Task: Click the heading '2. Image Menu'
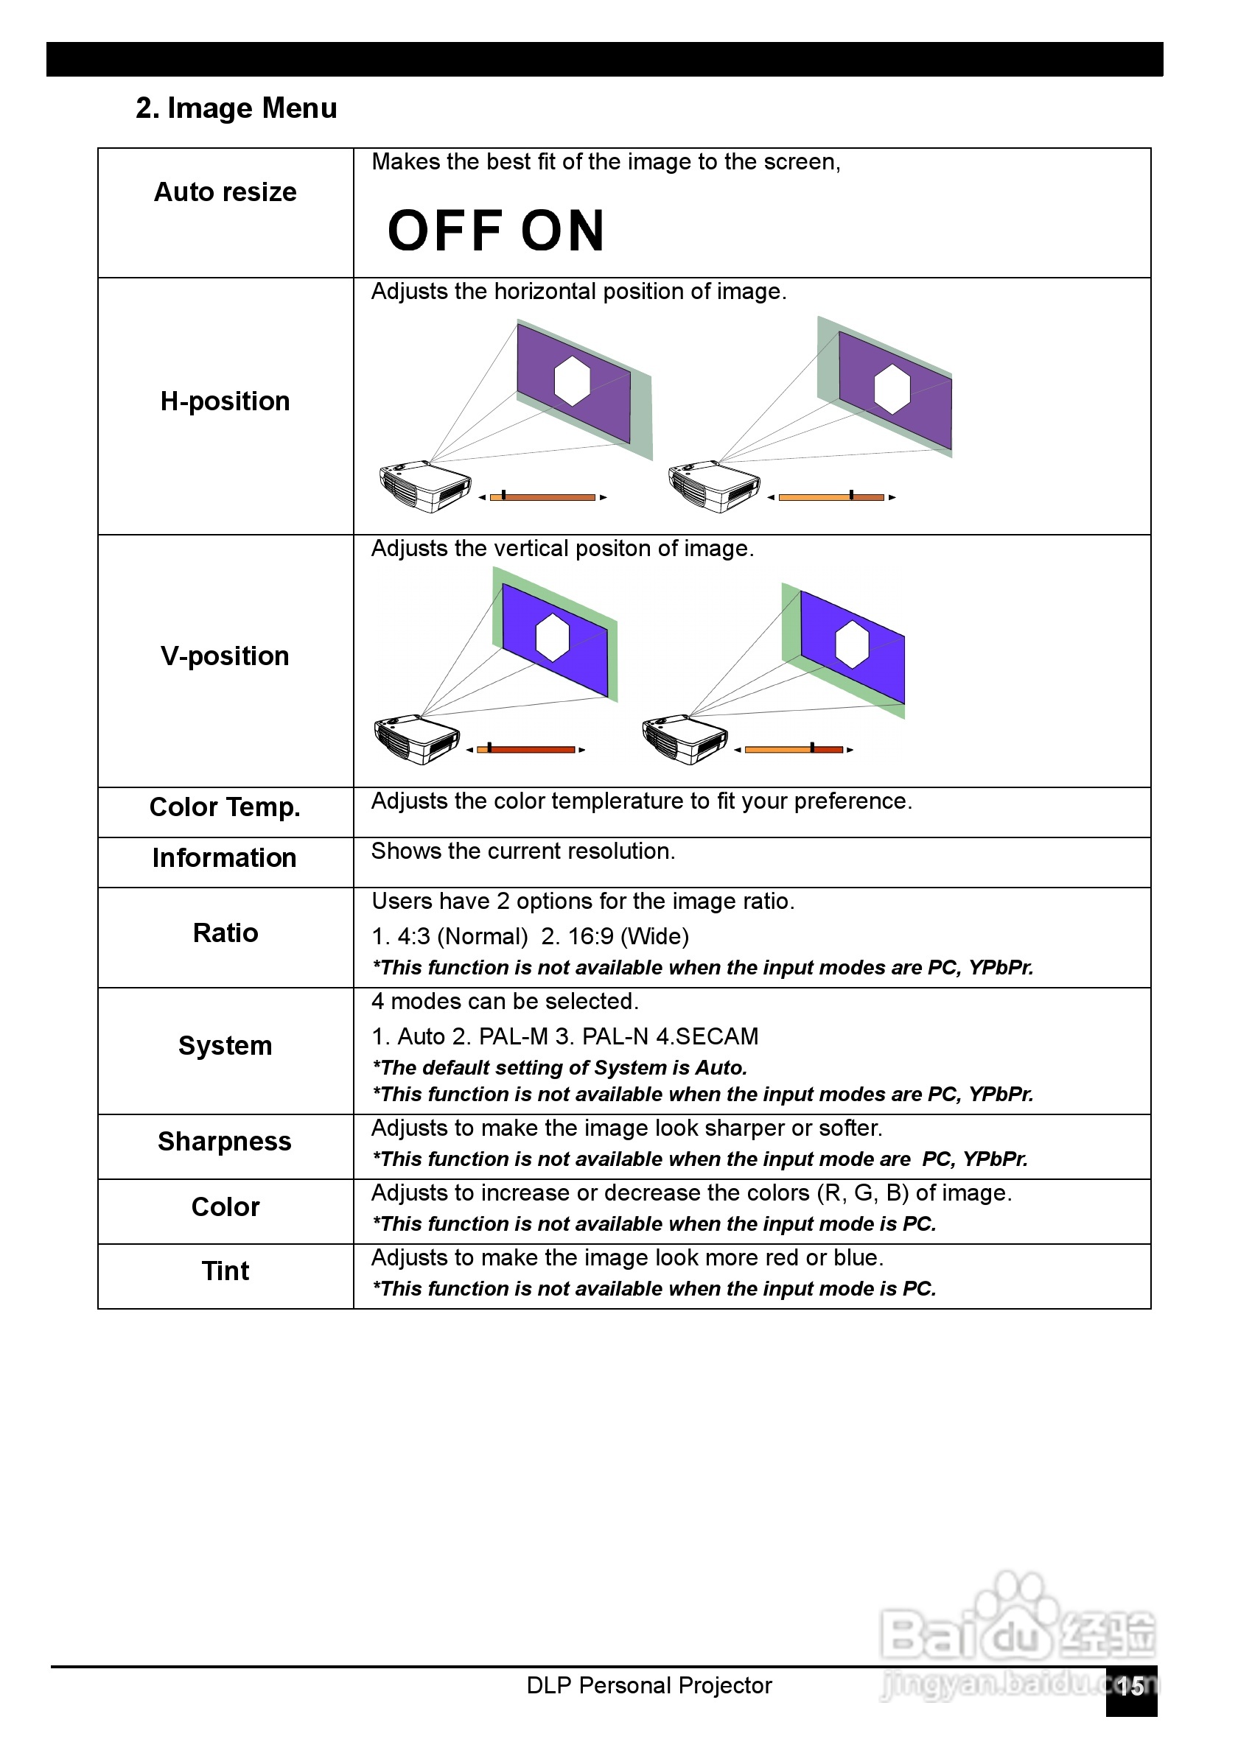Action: coord(236,108)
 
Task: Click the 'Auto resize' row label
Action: coord(225,192)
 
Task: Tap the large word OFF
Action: coord(444,231)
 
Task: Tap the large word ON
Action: coord(563,231)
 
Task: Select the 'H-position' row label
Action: coord(225,401)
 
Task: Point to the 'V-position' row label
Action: coord(225,656)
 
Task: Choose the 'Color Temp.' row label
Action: coord(225,808)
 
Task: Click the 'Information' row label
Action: coord(225,858)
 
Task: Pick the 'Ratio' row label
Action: coord(225,933)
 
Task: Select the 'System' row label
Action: coord(225,1046)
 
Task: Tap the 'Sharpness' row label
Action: coord(225,1142)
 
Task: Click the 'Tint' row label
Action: coord(225,1271)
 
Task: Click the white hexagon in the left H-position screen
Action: coord(572,381)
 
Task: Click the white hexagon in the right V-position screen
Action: coord(852,644)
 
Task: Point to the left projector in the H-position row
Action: coord(424,486)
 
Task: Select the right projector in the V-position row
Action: coord(685,739)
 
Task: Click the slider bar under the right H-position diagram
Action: coord(831,497)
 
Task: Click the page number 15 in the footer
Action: coord(1130,1687)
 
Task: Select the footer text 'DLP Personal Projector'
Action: coord(649,1686)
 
